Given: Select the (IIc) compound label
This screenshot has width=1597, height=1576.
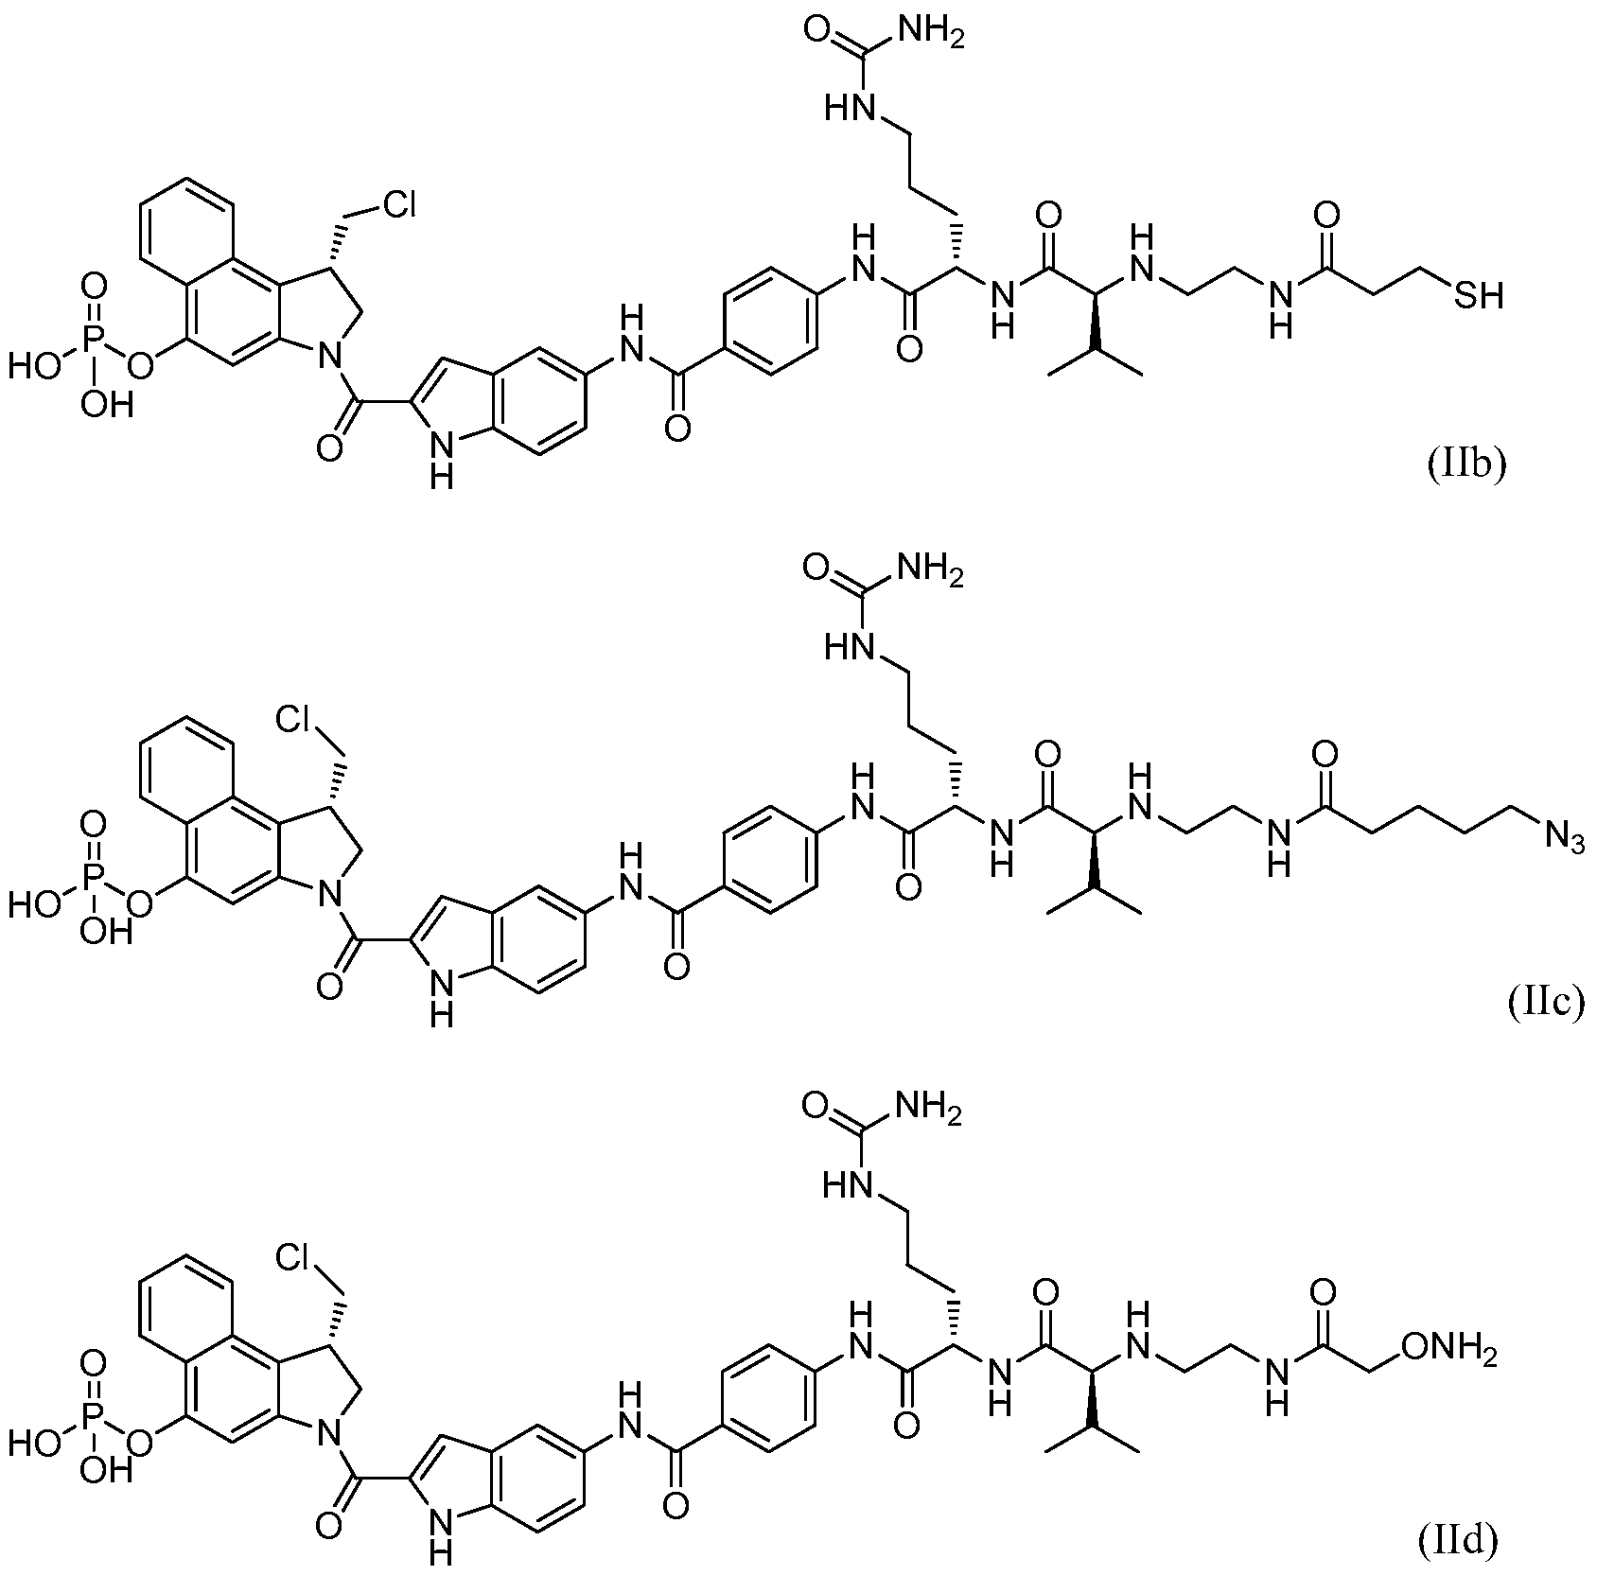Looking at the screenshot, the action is [x=1544, y=1003].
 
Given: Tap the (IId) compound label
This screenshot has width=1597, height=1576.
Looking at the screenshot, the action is [x=1458, y=1542].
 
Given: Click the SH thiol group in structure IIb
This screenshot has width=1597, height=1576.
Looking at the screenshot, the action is [x=1479, y=296].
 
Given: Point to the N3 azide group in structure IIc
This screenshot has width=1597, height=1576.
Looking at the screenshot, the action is [x=1564, y=836].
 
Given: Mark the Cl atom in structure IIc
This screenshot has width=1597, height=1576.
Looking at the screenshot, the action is [x=294, y=721].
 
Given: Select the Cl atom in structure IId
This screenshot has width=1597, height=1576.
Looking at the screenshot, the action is [x=294, y=1256].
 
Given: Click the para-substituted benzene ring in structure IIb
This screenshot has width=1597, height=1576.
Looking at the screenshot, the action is [x=768, y=324].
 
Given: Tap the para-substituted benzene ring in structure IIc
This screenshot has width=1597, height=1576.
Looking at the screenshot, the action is [x=768, y=860].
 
